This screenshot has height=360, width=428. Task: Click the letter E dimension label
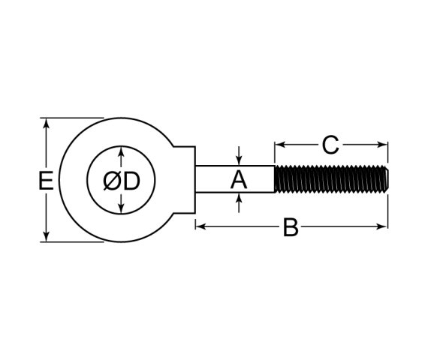[45, 180]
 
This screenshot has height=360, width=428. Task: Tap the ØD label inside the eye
[121, 181]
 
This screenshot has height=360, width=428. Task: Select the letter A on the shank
[238, 180]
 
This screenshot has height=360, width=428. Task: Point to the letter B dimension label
[291, 227]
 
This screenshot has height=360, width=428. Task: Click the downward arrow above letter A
[239, 159]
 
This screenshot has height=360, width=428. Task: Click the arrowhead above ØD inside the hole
[121, 153]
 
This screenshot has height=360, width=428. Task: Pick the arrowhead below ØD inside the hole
[121, 208]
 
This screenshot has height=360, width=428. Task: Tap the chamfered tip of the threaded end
[385, 180]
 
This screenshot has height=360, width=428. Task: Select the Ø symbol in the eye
[110, 181]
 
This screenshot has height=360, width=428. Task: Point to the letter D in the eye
[132, 181]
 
